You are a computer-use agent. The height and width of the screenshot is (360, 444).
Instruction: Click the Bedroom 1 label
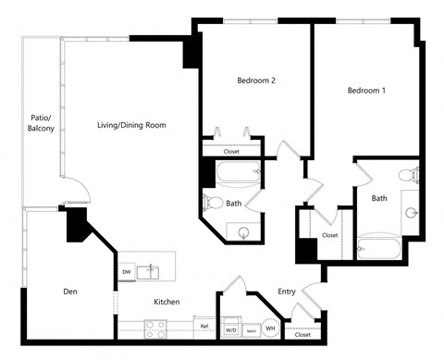(x=366, y=91)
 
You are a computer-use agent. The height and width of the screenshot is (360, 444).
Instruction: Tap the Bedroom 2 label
(x=256, y=81)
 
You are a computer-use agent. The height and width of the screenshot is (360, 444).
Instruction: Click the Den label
(x=70, y=292)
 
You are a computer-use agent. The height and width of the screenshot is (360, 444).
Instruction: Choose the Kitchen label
(x=166, y=303)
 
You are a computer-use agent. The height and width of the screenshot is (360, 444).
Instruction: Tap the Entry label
(x=287, y=292)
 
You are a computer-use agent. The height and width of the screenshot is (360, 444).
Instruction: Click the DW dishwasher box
(x=126, y=272)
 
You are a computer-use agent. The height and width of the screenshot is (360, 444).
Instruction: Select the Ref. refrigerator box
(x=203, y=327)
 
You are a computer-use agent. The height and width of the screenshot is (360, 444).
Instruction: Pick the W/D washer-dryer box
(x=231, y=329)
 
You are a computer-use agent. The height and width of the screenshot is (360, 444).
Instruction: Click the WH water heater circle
(x=271, y=328)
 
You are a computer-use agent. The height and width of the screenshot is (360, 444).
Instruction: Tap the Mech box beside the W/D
(x=251, y=329)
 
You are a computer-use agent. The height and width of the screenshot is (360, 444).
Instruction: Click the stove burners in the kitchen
(x=155, y=327)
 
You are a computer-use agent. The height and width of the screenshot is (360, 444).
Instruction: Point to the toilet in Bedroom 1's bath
(x=404, y=176)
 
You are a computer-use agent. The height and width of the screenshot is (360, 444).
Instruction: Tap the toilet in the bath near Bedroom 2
(x=213, y=202)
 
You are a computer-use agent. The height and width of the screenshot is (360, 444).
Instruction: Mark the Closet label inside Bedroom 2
(x=231, y=150)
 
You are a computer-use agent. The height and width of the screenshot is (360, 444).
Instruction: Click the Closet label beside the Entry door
(x=302, y=334)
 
